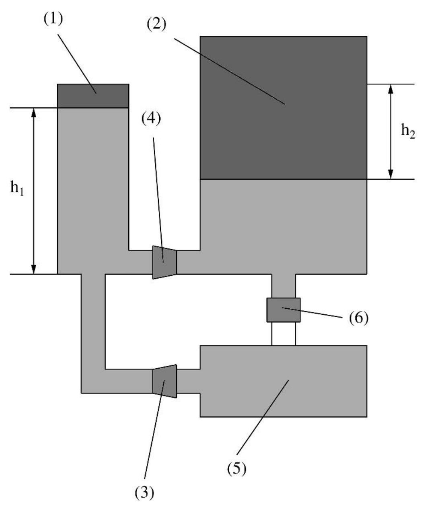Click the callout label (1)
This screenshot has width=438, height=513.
(53, 20)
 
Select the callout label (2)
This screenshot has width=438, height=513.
(156, 25)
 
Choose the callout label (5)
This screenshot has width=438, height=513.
(236, 468)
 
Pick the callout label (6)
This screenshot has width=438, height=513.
(359, 318)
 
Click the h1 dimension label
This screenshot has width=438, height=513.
(17, 188)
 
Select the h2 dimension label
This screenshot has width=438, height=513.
(408, 131)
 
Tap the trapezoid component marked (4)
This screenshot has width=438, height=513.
(165, 263)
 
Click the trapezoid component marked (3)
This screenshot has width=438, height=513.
(165, 381)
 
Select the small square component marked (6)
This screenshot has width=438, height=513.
(284, 310)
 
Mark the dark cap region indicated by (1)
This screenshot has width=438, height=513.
(93, 96)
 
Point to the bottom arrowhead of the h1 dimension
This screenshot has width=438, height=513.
(34, 269)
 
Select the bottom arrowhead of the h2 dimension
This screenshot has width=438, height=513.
(391, 174)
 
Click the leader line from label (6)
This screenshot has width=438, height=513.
(312, 312)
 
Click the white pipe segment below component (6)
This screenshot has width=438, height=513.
(284, 334)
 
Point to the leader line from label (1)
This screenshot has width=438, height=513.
(78, 64)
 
